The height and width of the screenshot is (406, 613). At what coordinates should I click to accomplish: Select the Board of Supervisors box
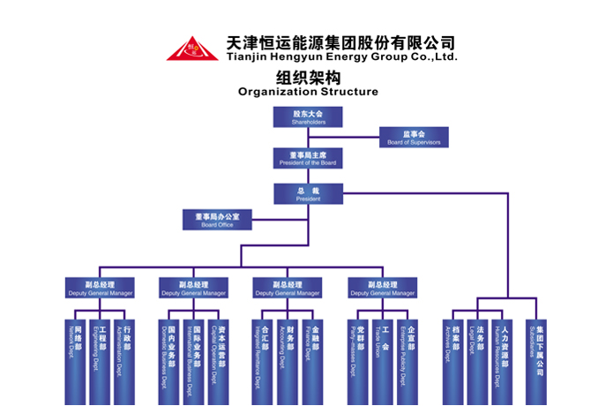coord(414,137)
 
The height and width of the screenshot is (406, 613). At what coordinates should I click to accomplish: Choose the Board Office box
coord(218,220)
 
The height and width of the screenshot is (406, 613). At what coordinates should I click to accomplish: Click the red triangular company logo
coord(193,49)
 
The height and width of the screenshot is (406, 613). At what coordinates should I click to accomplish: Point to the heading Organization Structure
coord(308,92)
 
